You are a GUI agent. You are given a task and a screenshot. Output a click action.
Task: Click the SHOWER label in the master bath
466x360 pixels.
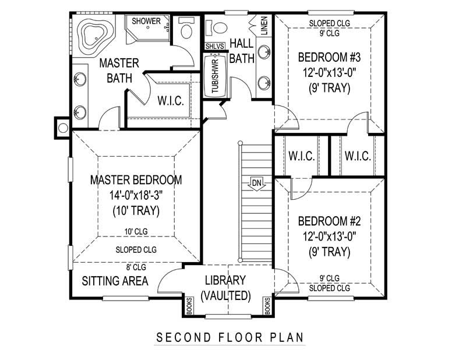point(146,21)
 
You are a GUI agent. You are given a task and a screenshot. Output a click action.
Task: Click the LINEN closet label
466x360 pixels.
point(264,26)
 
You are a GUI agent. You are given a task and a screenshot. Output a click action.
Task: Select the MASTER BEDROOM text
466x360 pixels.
point(136,180)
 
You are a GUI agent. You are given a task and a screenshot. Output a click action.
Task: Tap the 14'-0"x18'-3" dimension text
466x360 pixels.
point(136,195)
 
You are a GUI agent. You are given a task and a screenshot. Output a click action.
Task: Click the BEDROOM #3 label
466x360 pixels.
point(329,58)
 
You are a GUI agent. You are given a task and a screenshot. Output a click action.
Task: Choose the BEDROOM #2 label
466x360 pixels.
point(329,221)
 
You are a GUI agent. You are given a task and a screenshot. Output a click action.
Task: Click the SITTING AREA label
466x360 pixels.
point(115,281)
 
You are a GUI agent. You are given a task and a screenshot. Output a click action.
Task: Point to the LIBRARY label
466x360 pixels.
point(225,280)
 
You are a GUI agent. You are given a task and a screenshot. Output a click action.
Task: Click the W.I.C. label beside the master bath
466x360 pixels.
point(171,101)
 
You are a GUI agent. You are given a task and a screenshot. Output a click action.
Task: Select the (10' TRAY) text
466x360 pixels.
point(136,211)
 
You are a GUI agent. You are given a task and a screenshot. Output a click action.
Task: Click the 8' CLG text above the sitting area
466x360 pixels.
point(136,268)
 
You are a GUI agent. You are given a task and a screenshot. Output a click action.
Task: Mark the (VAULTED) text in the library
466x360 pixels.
point(225,296)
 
